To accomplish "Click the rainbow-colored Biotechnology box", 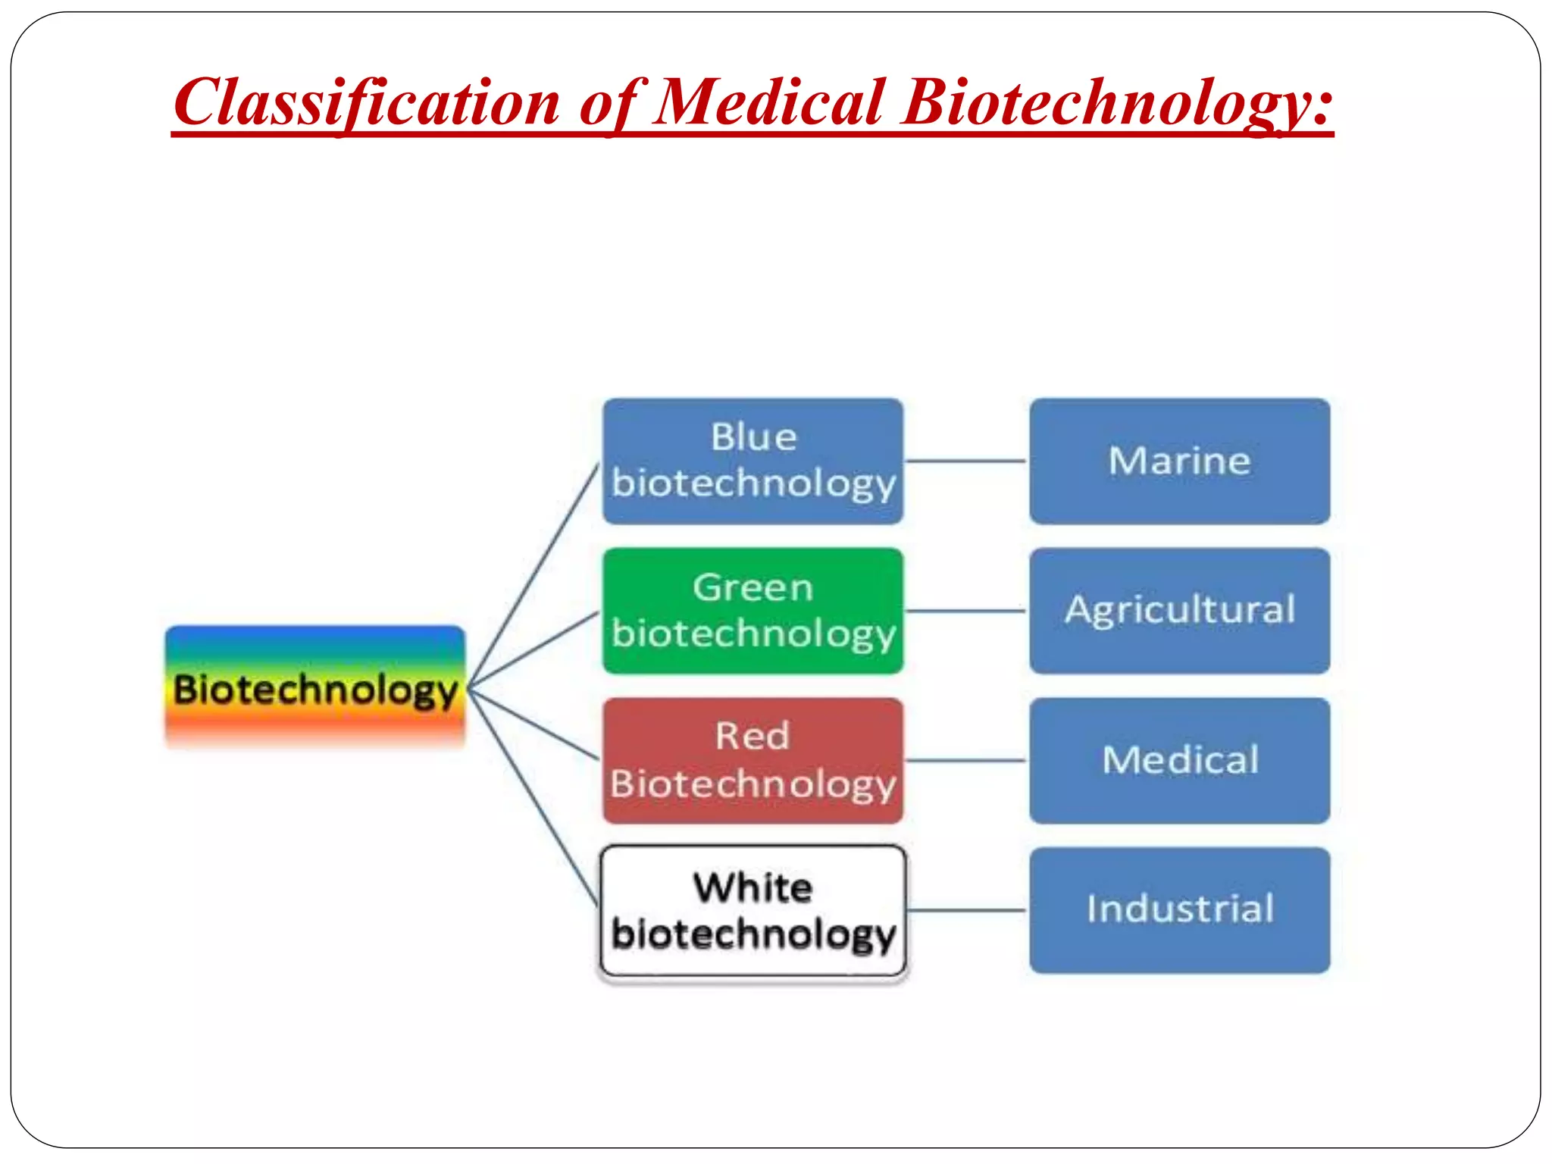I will point(315,687).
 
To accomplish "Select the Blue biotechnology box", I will point(753,461).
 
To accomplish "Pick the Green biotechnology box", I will point(753,611).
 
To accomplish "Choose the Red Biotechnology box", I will point(753,760).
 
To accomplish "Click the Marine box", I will point(1179,461).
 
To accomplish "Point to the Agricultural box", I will point(1179,611).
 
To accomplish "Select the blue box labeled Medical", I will point(1179,760).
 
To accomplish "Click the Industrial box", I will point(1179,910).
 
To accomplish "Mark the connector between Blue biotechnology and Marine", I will point(965,461).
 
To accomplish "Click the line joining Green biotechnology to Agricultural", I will point(965,611).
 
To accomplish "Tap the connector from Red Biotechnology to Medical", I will point(965,760).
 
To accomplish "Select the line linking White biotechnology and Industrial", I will point(965,910).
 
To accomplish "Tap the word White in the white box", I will point(753,887).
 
